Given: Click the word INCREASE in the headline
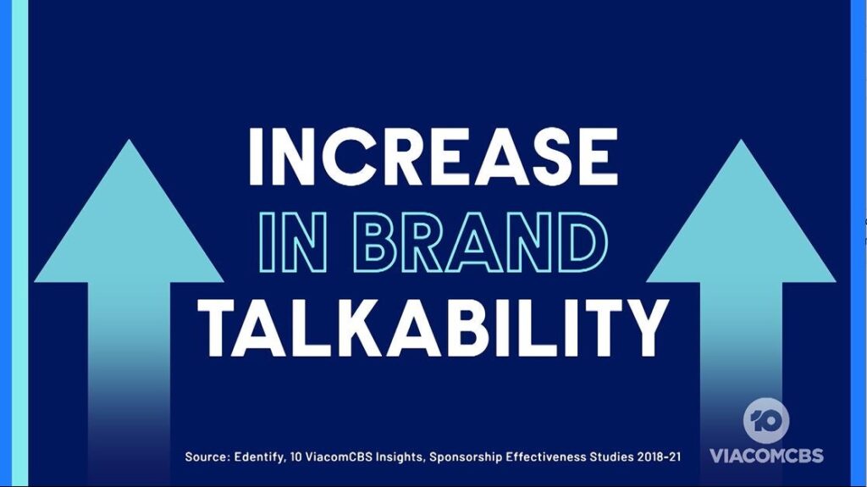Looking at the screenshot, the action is tap(433, 157).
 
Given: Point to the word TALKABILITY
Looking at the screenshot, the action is tap(433, 329).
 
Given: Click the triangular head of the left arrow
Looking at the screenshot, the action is tap(129, 221).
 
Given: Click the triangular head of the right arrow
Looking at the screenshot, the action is tap(741, 221).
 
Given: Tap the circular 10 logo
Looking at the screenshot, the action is tap(766, 421).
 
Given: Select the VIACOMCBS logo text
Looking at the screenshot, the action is tap(766, 456).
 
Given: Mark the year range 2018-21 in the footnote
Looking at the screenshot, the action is tap(659, 457).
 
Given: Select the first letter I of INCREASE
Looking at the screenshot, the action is tap(256, 157).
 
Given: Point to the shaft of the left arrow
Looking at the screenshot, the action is tap(129, 382).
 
